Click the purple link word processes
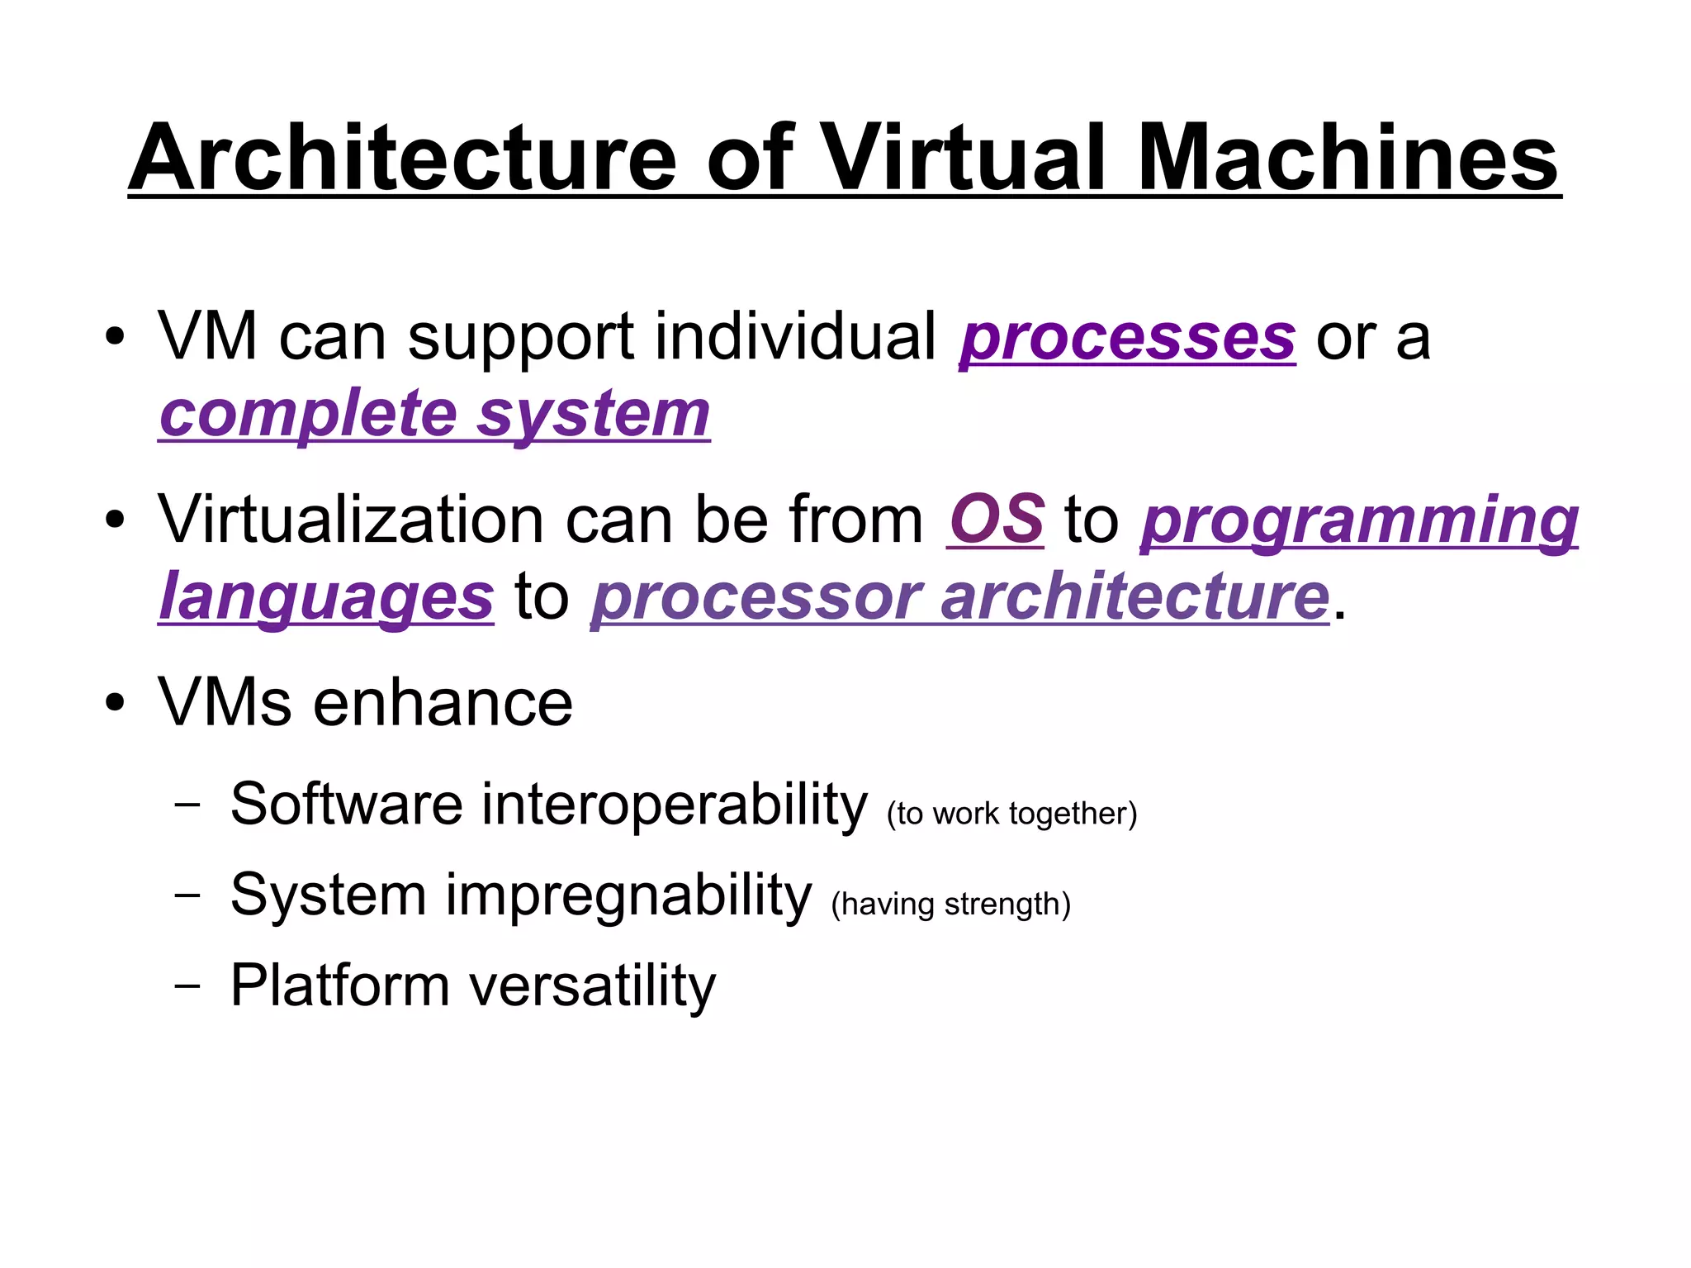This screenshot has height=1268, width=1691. click(1127, 339)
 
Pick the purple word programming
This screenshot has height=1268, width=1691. click(1359, 522)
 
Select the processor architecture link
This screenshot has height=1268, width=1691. click(960, 596)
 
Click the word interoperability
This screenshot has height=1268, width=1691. click(674, 804)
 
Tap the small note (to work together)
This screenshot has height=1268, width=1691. click(1011, 814)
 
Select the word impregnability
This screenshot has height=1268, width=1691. click(628, 895)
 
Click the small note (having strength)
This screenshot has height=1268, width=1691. click(950, 905)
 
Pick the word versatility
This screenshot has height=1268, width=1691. click(592, 986)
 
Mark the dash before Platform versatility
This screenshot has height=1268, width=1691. click(187, 985)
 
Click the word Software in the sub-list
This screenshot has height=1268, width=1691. click(346, 804)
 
